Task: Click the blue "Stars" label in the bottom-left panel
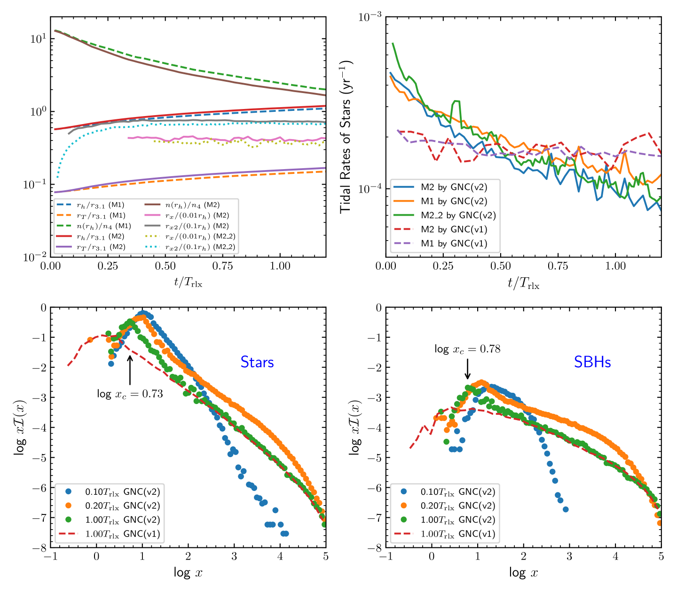257,362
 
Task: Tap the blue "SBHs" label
592,362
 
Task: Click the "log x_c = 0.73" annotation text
130,394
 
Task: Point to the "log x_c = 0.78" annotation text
467,349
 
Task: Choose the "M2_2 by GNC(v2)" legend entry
458,215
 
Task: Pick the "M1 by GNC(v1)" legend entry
454,243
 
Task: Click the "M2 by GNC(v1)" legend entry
454,229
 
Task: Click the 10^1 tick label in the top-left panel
38,39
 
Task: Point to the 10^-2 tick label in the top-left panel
35,257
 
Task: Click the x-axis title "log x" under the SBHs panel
523,572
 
